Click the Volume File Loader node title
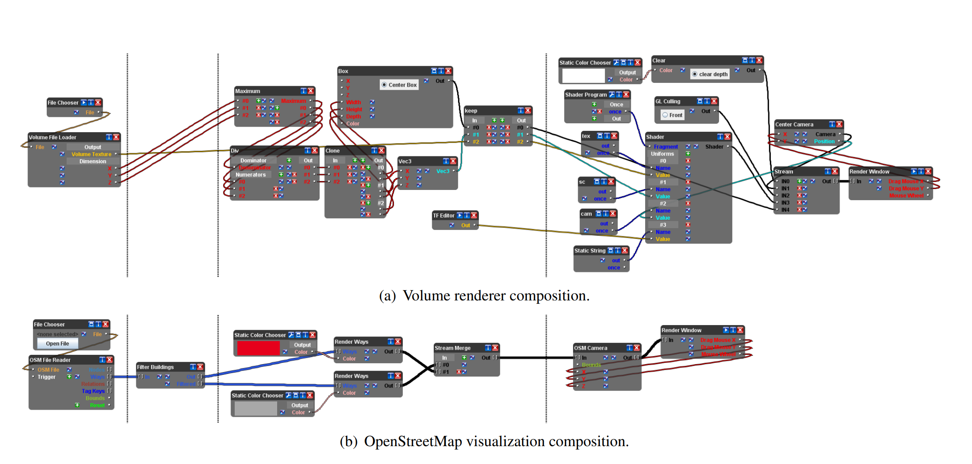click(x=53, y=137)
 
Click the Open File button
click(x=57, y=344)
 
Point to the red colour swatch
click(x=258, y=348)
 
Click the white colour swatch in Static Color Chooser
click(x=583, y=76)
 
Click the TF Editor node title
click(x=444, y=215)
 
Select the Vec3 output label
click(x=443, y=171)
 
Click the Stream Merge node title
click(x=452, y=348)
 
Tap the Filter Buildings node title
click(x=155, y=367)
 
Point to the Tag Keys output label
click(x=93, y=391)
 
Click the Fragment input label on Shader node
click(x=666, y=147)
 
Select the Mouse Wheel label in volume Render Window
click(x=906, y=196)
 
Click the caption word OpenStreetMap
click(x=413, y=441)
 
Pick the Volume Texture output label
click(x=91, y=154)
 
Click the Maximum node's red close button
click(x=311, y=91)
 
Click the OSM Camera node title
click(x=590, y=348)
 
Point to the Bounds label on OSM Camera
click(x=591, y=365)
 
